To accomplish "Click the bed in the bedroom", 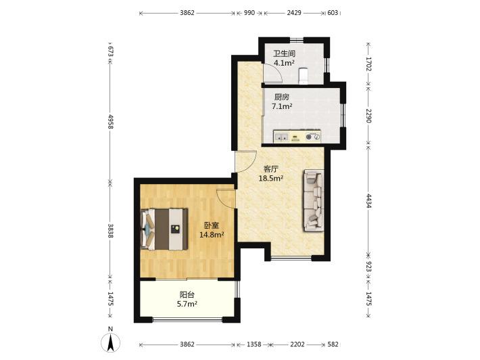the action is point(164,229).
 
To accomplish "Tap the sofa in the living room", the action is point(314,201).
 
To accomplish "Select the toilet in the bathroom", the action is point(303,75).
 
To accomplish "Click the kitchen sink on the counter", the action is point(282,137).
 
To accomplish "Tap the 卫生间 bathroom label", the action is point(284,54).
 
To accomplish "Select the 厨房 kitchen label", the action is point(282,97).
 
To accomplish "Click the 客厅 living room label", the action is point(271,169).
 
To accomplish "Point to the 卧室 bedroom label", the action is point(212,226).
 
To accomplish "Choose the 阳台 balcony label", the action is point(187,295).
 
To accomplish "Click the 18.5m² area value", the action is point(271,179).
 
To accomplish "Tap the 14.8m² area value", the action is point(212,235).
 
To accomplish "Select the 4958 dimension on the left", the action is point(111,122).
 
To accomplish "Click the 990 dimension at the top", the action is point(249,13).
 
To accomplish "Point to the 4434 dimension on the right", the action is point(368,201).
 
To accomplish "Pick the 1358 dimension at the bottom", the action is point(254,344).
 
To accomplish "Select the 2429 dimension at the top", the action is point(294,13).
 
